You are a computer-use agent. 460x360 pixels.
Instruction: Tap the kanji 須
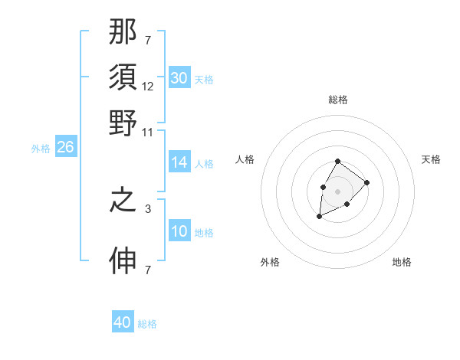point(123,79)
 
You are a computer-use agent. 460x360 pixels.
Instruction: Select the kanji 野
point(123,123)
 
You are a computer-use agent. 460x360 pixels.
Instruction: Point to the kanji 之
point(123,201)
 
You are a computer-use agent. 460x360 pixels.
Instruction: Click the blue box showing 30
point(179,78)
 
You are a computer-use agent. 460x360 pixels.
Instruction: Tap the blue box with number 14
point(179,162)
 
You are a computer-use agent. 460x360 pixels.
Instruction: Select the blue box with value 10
point(179,231)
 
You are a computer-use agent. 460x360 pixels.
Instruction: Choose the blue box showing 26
point(65,148)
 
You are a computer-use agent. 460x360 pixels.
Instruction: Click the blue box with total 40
point(123,322)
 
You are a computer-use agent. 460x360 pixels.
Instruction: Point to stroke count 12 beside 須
point(148,87)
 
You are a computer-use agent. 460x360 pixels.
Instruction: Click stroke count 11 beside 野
point(148,132)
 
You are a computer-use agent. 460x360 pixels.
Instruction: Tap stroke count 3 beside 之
point(148,208)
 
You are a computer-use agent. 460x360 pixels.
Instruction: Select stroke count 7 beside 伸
point(148,270)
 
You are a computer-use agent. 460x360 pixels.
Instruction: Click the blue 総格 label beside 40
point(147,324)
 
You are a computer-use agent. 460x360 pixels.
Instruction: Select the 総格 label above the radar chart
point(338,100)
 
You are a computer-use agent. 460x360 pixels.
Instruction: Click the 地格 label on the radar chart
point(402,262)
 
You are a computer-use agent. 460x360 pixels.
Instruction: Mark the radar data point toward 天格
point(367,182)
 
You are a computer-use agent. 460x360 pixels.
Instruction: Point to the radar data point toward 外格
point(319,217)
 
